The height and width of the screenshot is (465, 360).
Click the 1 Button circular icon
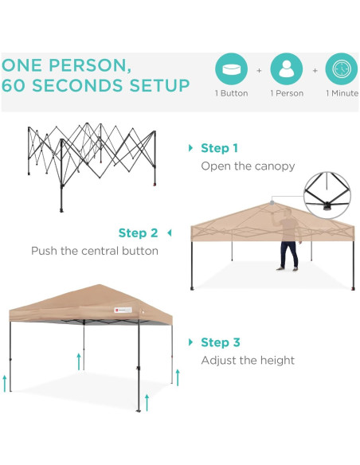pos(232,70)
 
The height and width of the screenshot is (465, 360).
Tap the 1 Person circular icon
pos(287,70)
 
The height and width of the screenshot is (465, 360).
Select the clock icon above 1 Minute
pos(342,70)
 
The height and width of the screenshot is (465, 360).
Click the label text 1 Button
pos(232,94)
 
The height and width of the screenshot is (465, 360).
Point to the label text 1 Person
pos(287,94)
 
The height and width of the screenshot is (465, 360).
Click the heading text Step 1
pos(219,148)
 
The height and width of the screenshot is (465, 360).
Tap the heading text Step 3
pos(220,342)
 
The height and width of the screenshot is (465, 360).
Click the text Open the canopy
pos(248,166)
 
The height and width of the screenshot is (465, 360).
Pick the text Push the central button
pos(95,251)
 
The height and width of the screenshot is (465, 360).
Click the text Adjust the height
pos(248,361)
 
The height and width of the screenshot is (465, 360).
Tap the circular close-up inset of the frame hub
pos(328,191)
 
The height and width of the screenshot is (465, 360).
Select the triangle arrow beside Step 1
pos(190,148)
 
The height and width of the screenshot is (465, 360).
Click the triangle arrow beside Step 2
pos(169,233)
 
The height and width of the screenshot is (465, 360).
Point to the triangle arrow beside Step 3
pos(190,342)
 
